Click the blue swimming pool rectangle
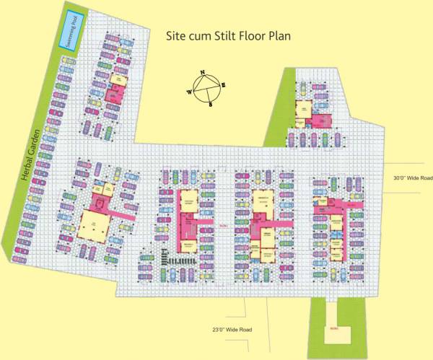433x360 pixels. click(71, 30)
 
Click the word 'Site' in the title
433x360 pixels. click(178, 34)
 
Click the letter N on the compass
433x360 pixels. click(202, 73)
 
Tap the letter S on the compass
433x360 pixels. click(210, 105)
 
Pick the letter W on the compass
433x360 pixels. click(189, 93)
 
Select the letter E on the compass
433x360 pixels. click(223, 85)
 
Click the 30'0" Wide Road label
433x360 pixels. click(412, 177)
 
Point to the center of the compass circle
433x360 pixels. click(206, 89)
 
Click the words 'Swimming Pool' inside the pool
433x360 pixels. click(71, 30)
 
